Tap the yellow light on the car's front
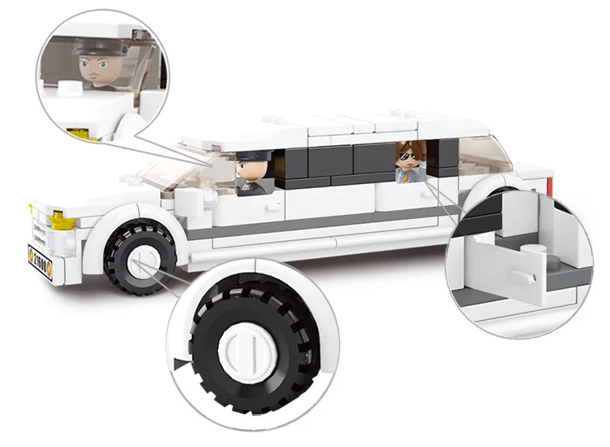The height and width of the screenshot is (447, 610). click(57, 217)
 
